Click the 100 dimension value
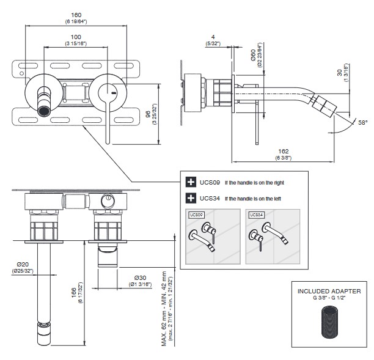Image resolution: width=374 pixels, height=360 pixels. tap(75, 37)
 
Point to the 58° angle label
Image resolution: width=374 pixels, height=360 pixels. tap(362, 123)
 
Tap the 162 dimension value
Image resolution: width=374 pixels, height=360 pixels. tap(282, 152)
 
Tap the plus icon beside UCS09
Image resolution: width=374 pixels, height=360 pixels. tap(189, 182)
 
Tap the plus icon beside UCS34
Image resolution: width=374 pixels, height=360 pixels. tap(189, 197)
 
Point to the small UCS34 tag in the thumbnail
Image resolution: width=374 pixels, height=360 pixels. tap(256, 215)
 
